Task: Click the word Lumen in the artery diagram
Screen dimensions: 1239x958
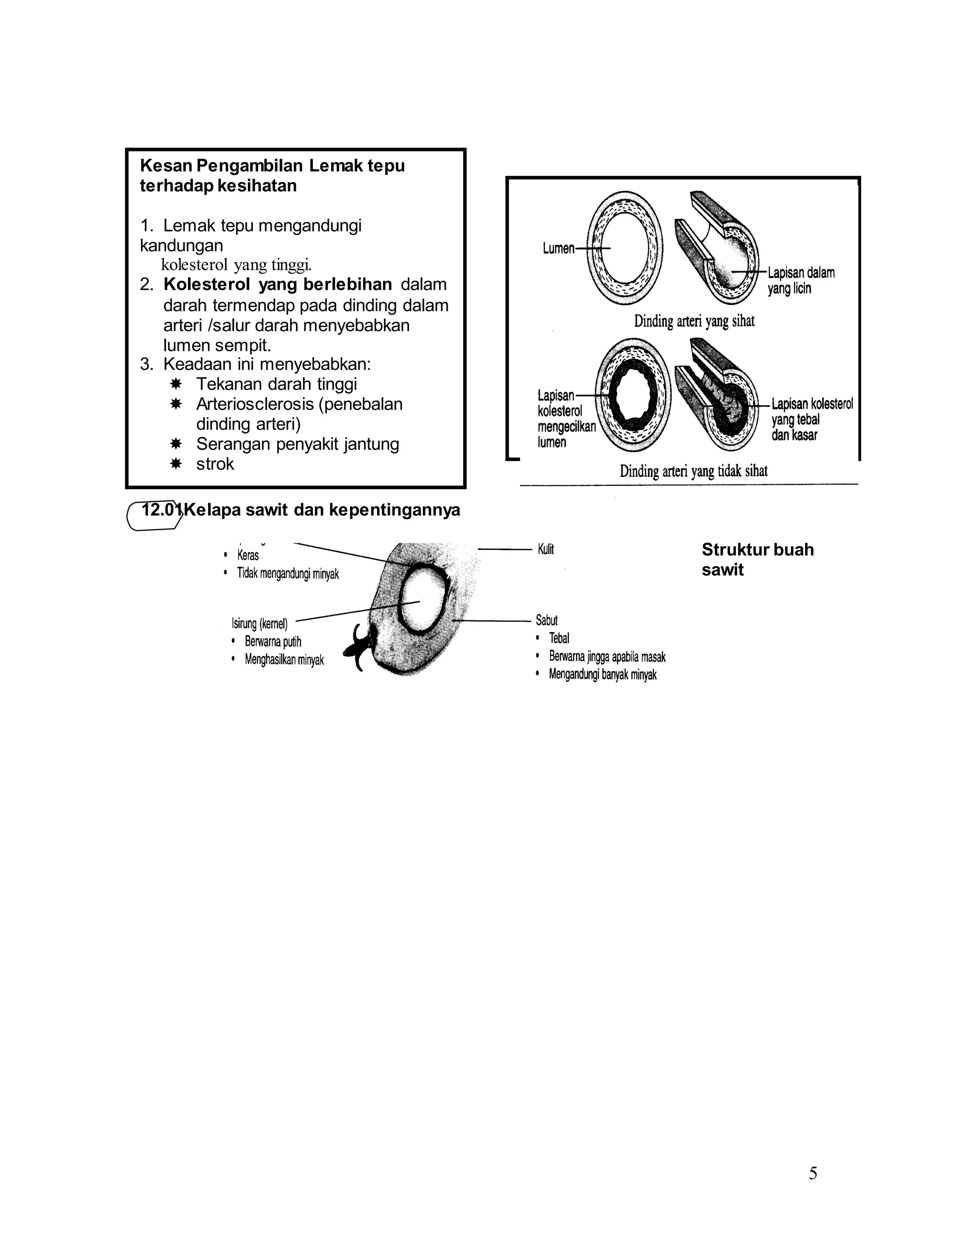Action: pos(559,248)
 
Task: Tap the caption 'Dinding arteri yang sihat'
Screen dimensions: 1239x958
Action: pos(694,321)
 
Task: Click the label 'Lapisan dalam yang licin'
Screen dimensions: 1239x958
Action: pos(801,280)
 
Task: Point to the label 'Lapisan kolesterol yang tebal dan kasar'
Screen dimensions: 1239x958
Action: pos(812,420)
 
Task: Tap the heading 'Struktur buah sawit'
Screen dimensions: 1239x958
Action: pos(757,559)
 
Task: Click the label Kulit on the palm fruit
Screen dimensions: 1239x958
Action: pos(545,549)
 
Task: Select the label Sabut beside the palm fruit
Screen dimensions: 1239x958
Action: pos(546,620)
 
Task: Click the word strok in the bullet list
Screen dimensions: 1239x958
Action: pos(215,464)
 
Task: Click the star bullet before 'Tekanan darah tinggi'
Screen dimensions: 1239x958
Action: pos(176,384)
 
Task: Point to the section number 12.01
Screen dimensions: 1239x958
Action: pos(160,510)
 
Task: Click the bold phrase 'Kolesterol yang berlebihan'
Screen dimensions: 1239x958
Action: pos(277,284)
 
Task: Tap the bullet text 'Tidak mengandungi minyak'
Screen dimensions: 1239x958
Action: pos(288,574)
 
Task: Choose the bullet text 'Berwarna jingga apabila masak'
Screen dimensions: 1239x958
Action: pos(607,657)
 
